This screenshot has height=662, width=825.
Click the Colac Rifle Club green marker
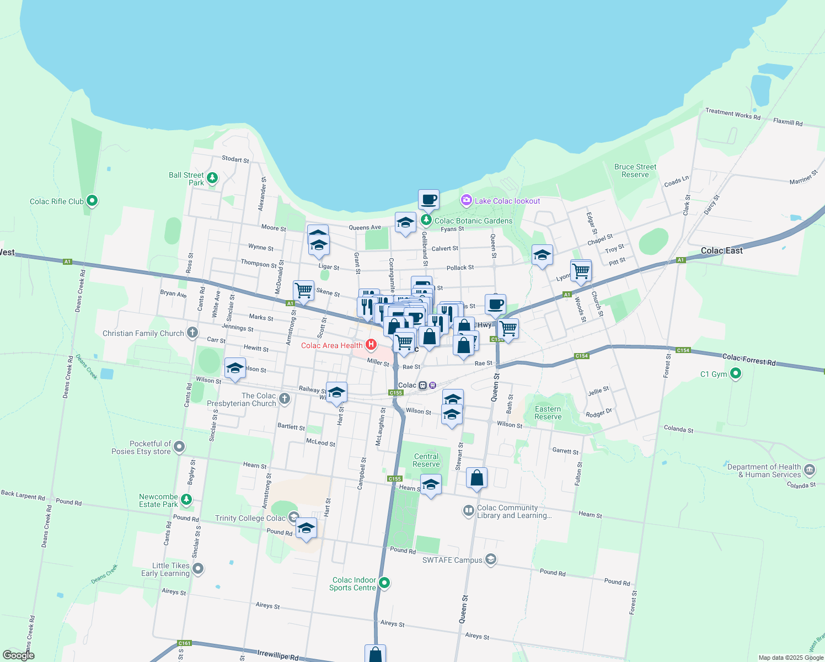[x=92, y=201]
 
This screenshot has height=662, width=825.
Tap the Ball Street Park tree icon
[x=212, y=178]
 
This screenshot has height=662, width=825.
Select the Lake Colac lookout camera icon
[x=467, y=200]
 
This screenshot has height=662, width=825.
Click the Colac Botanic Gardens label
[x=473, y=221]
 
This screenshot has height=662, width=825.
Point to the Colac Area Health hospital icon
[x=371, y=345]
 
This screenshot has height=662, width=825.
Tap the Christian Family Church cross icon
[x=192, y=333]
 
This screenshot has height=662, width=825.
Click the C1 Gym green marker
[x=735, y=374]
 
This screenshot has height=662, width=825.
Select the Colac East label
[x=721, y=250]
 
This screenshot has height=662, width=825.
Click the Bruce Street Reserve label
[x=635, y=170]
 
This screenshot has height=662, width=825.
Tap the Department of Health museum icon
[x=810, y=470]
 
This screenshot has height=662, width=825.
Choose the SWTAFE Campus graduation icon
[x=490, y=559]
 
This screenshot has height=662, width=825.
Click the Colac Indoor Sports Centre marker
[x=384, y=583]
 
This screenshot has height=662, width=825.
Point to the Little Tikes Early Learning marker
[x=198, y=568]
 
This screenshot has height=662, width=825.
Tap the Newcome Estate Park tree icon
[x=186, y=500]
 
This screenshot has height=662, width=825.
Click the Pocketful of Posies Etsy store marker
[x=179, y=447]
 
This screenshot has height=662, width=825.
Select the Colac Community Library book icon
[x=468, y=511]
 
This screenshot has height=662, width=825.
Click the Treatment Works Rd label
[x=732, y=114]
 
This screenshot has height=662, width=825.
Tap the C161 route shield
[x=184, y=643]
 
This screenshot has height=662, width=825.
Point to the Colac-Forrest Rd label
[x=748, y=360]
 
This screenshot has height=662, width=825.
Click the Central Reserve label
[x=426, y=460]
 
